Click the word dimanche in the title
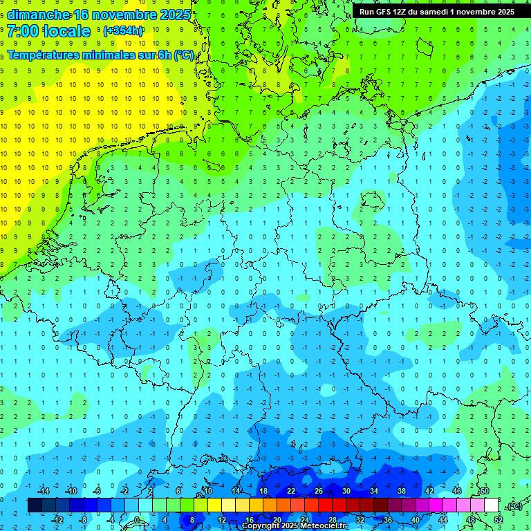coord(37,15)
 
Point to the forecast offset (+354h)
coord(122,31)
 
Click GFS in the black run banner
coord(386,12)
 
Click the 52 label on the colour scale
coord(499,519)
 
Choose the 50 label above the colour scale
coord(484,491)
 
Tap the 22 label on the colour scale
coord(290,491)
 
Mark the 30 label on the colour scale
coord(346,491)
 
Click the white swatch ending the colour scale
coord(492,505)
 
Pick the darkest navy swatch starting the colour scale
coord(35,505)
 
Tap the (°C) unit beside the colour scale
coord(514,506)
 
